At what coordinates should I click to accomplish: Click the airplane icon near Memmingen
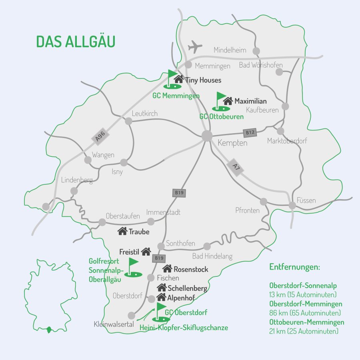195,46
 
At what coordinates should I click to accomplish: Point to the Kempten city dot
207,136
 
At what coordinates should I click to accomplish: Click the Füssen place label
306,200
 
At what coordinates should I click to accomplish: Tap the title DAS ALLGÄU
76,41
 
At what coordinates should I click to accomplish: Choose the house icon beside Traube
122,231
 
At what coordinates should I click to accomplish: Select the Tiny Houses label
203,80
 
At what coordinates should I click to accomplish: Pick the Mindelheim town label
230,50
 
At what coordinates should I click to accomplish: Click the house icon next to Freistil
146,252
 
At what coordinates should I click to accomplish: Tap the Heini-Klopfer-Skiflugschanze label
184,328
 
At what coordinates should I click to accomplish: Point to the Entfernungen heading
295,267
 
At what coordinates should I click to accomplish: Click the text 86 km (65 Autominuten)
305,313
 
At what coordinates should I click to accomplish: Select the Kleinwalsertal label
114,324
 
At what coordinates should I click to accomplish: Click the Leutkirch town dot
128,121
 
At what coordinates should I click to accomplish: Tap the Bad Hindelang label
212,256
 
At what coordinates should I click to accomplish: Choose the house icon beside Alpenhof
161,297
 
